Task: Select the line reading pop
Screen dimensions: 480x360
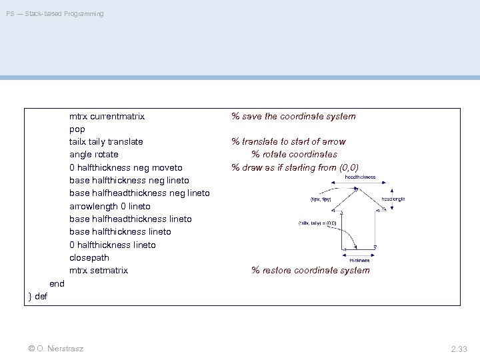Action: point(77,129)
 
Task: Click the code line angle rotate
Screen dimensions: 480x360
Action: point(94,155)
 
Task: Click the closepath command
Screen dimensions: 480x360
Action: point(89,257)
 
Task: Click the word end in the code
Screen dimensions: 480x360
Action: point(57,283)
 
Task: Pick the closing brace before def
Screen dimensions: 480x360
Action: point(30,296)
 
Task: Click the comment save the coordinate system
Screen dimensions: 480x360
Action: point(293,116)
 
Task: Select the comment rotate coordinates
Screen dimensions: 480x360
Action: point(294,155)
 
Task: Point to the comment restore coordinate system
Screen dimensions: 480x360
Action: point(310,270)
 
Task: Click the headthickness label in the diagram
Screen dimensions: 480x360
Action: point(360,177)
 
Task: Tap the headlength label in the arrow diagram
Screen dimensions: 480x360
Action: point(393,199)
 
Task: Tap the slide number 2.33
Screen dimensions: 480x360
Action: point(459,348)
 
